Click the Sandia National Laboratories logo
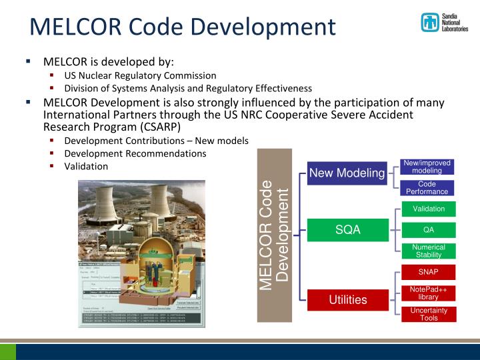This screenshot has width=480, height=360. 444,23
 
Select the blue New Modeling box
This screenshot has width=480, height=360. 347,173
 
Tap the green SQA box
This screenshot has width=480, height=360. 347,230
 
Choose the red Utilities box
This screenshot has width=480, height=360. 347,299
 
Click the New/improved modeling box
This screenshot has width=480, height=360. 427,167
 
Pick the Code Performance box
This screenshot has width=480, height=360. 427,187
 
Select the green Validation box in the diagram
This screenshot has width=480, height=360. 429,209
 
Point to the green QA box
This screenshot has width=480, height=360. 429,230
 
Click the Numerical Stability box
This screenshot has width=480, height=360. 429,251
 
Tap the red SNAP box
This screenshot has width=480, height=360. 429,272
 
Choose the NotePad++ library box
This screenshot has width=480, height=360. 429,293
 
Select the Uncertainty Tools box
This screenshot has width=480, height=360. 429,314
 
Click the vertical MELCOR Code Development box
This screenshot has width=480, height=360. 275,235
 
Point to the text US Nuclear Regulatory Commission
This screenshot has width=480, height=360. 140,75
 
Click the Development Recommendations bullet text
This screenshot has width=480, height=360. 135,153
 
